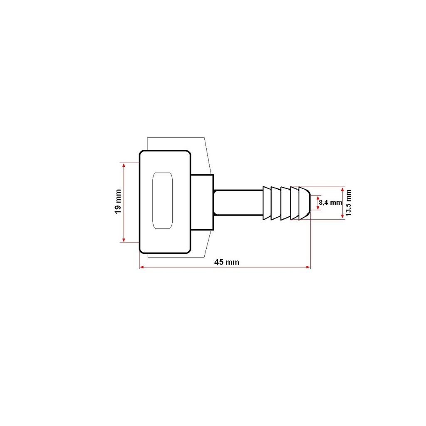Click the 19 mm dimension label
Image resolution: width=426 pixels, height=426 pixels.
coord(118,202)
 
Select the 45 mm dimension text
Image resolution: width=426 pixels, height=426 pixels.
coord(227,262)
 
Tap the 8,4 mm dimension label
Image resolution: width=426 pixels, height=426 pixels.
coord(330,203)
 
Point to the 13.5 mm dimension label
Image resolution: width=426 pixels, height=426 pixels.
coord(348,203)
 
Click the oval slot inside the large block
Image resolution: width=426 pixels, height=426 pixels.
coord(163,201)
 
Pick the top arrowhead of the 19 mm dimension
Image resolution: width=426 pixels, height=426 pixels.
coord(124,165)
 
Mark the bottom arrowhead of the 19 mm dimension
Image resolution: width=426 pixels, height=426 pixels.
coord(124,240)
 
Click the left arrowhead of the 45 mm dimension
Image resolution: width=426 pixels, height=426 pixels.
coord(141,267)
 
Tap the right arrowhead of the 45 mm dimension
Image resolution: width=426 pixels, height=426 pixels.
coord(308,267)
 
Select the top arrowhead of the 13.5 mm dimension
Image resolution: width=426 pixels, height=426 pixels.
coord(342,188)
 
